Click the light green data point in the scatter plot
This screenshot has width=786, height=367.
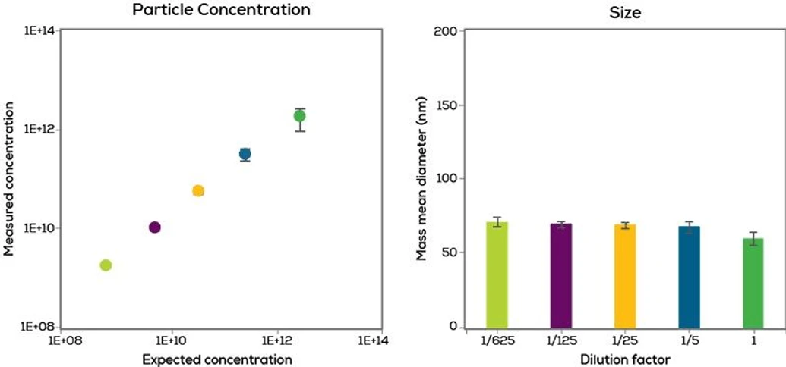tap(106, 265)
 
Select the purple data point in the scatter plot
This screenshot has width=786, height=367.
tap(155, 227)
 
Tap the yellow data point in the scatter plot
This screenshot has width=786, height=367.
tap(198, 190)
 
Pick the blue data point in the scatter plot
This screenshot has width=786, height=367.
tap(245, 154)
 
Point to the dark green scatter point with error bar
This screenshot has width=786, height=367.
tap(300, 116)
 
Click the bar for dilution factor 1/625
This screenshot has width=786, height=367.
tap(497, 276)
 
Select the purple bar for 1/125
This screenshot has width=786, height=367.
tap(561, 277)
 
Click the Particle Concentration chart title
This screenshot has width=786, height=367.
tap(221, 10)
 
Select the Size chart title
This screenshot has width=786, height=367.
tap(625, 12)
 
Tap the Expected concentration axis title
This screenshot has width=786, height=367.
tap(217, 359)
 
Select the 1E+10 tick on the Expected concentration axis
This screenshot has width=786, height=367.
tap(171, 342)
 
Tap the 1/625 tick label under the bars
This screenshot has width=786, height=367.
tap(497, 342)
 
